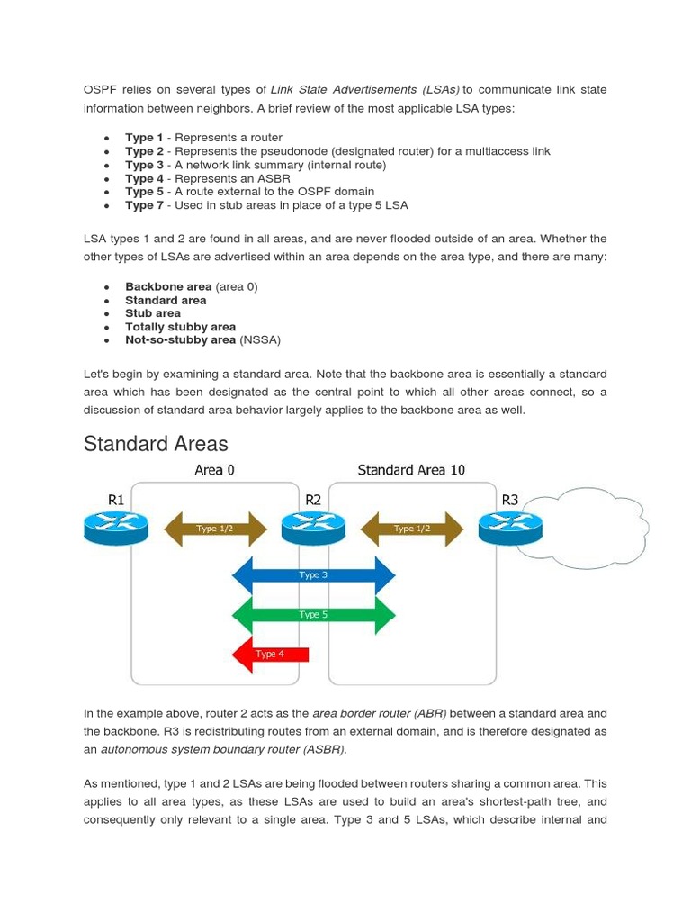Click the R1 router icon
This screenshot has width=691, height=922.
pos(115,528)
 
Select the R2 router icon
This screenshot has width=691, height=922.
pos(313,528)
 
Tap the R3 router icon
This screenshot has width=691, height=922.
pos(509,528)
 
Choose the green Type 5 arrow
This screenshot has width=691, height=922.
pos(313,615)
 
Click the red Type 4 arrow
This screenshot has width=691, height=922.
pos(270,655)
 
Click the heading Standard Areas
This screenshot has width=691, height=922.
pos(156,444)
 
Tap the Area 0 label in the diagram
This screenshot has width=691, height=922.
pos(214,470)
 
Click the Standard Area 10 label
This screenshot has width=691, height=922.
pos(411,470)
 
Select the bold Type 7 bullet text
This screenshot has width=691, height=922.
pos(144,205)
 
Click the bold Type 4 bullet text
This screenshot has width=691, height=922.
pos(144,178)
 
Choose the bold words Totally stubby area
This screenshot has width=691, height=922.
pos(180,327)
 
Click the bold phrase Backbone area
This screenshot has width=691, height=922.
pos(168,286)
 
